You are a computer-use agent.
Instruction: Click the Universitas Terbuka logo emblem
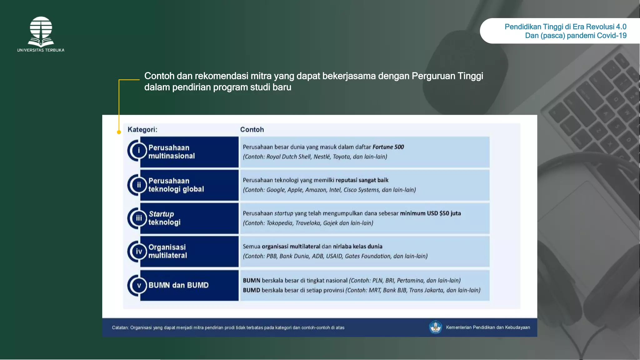[x=41, y=31]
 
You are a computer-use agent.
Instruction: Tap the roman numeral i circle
[x=139, y=151]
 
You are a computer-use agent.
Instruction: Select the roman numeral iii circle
[x=139, y=218]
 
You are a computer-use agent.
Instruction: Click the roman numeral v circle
[x=139, y=285]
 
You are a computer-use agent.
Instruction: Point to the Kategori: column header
[x=142, y=130]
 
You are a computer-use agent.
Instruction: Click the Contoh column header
[x=252, y=130]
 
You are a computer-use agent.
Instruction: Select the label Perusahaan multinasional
[x=171, y=152]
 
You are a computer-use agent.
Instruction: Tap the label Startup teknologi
[x=164, y=218]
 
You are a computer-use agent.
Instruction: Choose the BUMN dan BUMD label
[x=178, y=285]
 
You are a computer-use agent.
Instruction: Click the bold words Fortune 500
[x=388, y=147]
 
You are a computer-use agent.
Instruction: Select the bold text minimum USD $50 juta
[x=430, y=213]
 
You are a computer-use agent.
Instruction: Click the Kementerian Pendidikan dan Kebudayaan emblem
[x=435, y=327]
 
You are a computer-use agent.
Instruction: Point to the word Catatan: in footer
[x=120, y=328]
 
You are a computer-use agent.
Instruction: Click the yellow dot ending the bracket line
[x=119, y=132]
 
